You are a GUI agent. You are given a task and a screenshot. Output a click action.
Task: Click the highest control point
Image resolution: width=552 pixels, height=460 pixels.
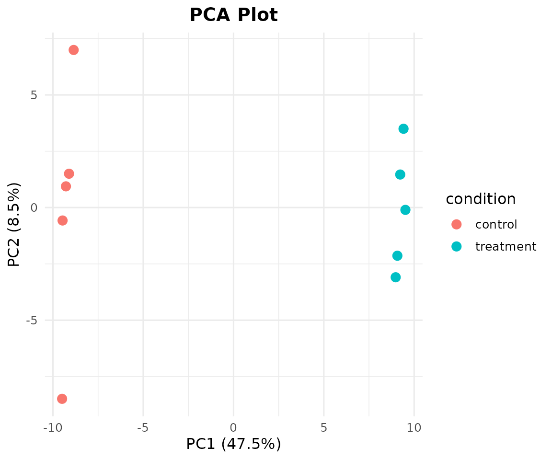coord(74,50)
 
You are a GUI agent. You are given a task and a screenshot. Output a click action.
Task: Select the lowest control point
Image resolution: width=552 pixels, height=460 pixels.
coord(62,399)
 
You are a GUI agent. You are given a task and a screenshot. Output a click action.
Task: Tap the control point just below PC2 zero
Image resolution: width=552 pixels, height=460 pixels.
coord(62,221)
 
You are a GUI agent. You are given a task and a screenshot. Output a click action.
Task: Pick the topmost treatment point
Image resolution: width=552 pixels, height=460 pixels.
coord(403,129)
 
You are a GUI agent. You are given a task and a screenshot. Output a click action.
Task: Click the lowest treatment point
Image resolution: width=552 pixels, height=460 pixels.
coord(396,277)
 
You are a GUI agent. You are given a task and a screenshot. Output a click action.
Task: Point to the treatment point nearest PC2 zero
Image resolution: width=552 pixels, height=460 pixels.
coord(405,210)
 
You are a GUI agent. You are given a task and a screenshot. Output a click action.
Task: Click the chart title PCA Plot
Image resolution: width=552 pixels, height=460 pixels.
coord(234,15)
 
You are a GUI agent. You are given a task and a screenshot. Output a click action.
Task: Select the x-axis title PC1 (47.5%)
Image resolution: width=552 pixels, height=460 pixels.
coord(234,444)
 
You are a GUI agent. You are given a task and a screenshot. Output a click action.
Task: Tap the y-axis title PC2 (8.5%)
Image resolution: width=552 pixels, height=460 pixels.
coord(14,225)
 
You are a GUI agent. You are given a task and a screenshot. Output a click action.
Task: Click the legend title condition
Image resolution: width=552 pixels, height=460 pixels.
coord(481,199)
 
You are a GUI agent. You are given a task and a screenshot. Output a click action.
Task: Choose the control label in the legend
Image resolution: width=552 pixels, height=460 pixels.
coord(496,224)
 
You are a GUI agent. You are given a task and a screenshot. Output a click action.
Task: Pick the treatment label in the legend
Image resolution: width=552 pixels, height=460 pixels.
coord(506,246)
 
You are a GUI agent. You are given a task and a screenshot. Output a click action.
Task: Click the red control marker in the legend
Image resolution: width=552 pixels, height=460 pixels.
coord(457,224)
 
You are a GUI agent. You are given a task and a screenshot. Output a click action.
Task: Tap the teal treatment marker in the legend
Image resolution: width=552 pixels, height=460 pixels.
coord(457,246)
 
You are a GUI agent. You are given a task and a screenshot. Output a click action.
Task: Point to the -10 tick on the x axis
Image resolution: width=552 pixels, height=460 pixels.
coord(53,427)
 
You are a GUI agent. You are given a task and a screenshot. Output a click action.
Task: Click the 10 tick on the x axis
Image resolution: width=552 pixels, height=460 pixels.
coord(414,427)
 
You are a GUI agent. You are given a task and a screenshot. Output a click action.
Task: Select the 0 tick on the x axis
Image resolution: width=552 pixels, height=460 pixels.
coord(233,427)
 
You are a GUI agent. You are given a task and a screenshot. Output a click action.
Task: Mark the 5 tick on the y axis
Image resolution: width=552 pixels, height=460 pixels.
coord(34,95)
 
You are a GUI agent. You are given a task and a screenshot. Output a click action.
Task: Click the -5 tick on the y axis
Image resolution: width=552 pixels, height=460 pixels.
coord(31,320)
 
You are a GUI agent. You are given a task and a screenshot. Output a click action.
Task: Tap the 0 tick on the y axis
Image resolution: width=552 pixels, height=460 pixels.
coord(34,207)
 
